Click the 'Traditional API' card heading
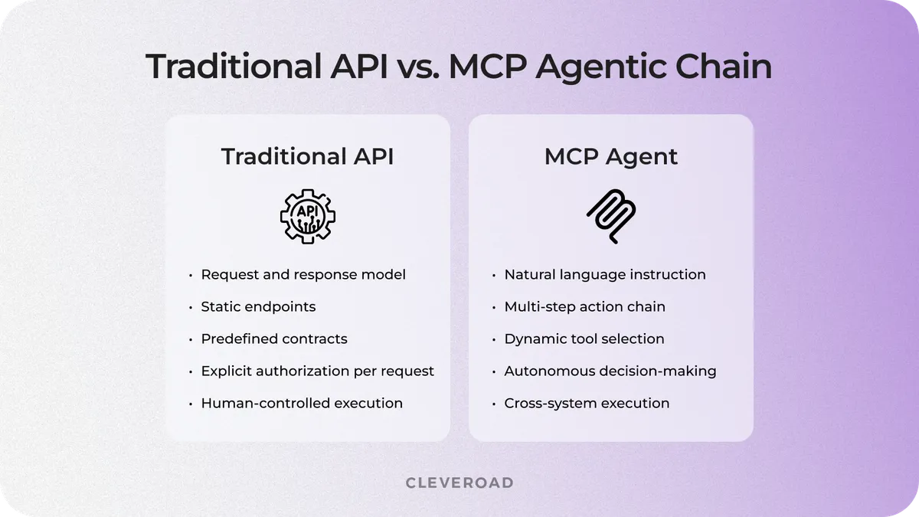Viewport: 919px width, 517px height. click(x=307, y=156)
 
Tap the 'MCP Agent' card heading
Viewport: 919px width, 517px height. click(x=611, y=156)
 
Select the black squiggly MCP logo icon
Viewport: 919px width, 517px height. click(x=611, y=214)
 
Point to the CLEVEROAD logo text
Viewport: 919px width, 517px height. click(x=459, y=483)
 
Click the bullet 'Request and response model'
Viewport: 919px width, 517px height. click(x=303, y=274)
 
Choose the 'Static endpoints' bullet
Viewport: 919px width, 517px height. click(x=258, y=306)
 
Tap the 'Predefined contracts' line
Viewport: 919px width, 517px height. click(x=274, y=339)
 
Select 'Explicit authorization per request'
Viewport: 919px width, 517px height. click(x=317, y=371)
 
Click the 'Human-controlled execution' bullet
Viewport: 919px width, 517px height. click(x=302, y=403)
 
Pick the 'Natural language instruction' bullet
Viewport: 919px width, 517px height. click(x=605, y=274)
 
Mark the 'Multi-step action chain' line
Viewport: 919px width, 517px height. click(x=584, y=306)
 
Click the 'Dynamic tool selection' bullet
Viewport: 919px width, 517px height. click(x=584, y=339)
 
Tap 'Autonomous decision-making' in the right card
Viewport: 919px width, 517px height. click(x=610, y=371)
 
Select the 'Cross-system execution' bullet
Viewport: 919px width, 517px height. click(x=587, y=403)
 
